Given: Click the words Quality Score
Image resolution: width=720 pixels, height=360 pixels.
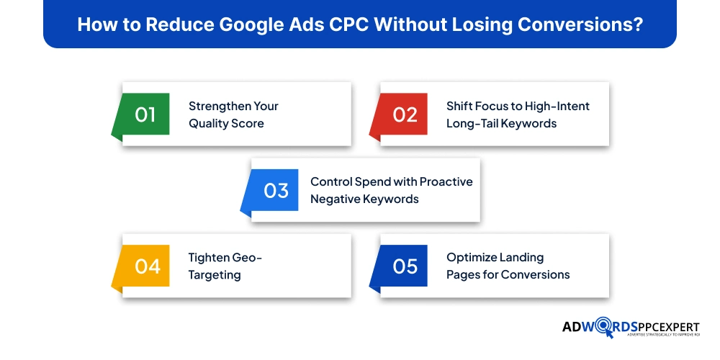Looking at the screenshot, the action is (x=226, y=124).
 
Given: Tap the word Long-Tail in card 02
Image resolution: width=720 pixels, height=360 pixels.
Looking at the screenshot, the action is (x=469, y=124).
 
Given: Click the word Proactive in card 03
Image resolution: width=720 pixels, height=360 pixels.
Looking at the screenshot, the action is (x=446, y=182).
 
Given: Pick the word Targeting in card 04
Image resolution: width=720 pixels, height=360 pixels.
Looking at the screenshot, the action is (x=215, y=275).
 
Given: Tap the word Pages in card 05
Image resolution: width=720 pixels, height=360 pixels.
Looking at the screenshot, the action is (x=462, y=275).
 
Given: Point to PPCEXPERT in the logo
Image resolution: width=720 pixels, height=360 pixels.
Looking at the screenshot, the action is (x=669, y=328).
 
